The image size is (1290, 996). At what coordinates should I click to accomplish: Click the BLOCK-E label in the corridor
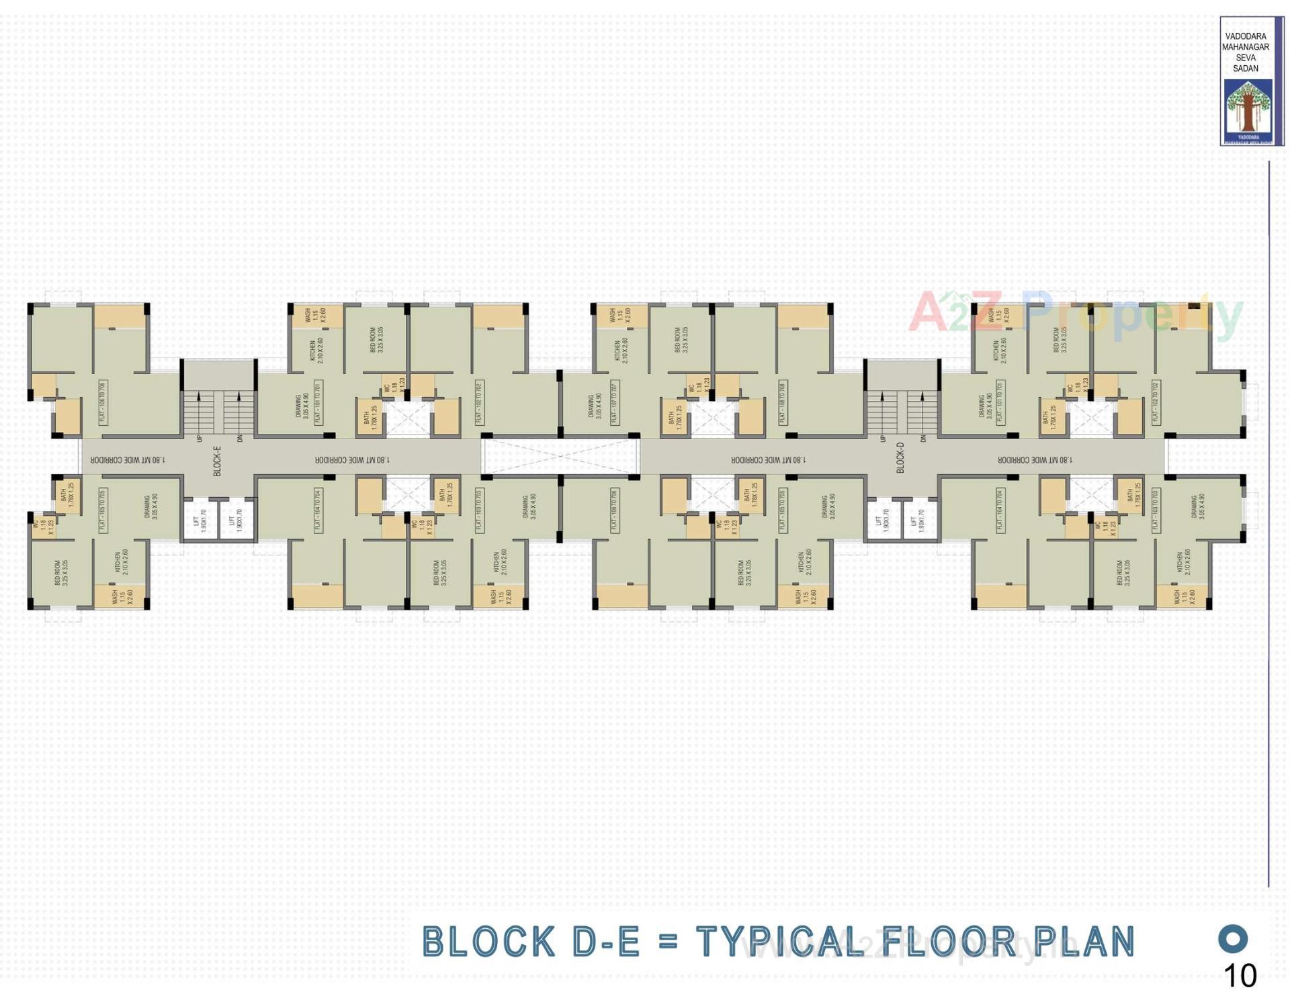(217, 461)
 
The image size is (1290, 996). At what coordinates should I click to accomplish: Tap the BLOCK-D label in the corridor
(900, 457)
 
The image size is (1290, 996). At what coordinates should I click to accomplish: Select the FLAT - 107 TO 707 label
(614, 402)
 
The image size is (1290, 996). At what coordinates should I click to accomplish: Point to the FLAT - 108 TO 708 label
(782, 402)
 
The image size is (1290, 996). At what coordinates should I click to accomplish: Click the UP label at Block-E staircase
(200, 439)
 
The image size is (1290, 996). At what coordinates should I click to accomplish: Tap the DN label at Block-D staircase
(923, 439)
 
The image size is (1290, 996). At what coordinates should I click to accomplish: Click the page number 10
(1240, 975)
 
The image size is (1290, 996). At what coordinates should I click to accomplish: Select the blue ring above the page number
(1233, 938)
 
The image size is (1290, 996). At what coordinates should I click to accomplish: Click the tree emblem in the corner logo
(1248, 107)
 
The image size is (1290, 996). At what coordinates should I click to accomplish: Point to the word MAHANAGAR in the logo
(1246, 47)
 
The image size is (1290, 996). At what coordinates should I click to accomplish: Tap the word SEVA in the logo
(1246, 58)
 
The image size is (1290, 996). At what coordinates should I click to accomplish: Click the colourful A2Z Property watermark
(1075, 313)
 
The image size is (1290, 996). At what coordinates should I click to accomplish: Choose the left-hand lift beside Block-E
(200, 519)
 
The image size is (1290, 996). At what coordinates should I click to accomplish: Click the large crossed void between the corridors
(560, 457)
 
